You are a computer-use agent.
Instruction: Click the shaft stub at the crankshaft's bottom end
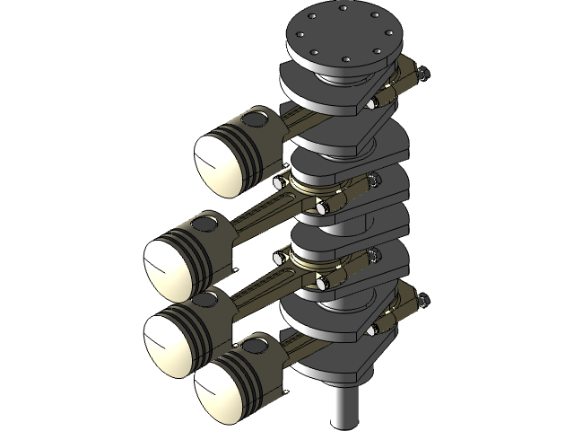click(344, 409)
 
